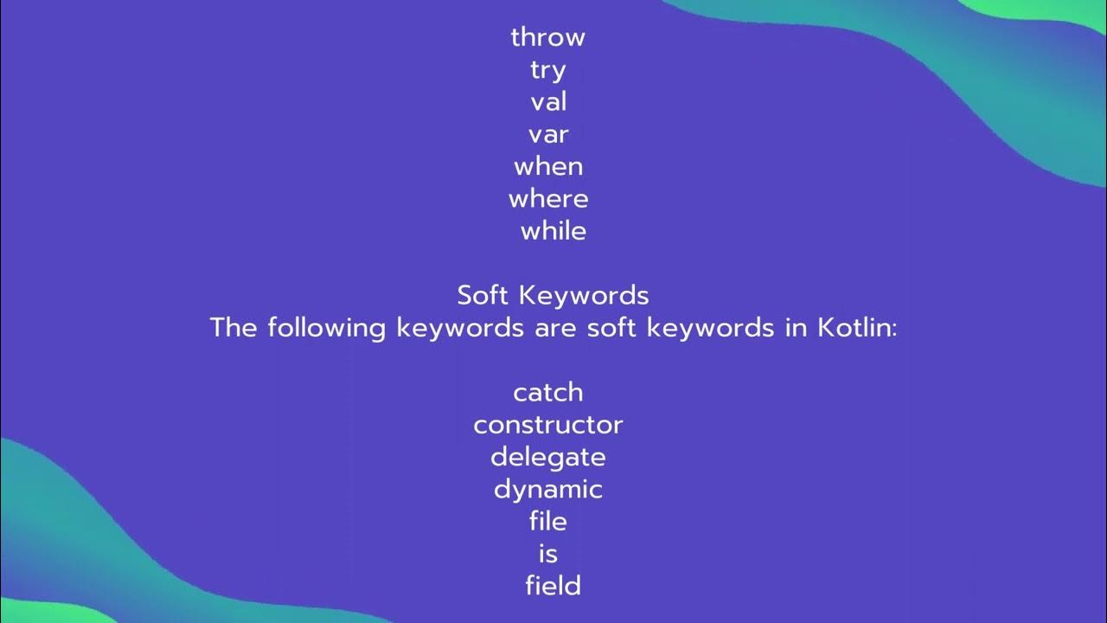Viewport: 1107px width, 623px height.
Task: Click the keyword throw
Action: [x=547, y=37]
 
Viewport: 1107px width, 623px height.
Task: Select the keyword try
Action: [x=548, y=70]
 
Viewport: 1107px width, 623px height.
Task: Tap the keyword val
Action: [x=548, y=102]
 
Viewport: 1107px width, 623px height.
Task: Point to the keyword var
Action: [x=548, y=134]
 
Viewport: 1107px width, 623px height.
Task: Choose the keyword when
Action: [x=548, y=166]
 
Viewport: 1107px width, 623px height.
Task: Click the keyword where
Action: [x=548, y=199]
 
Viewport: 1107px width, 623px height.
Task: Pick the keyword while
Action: [x=553, y=231]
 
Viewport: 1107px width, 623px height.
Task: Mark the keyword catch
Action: [x=548, y=393]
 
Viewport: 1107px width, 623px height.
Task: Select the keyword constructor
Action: [x=548, y=425]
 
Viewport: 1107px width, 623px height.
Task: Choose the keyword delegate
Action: [x=548, y=458]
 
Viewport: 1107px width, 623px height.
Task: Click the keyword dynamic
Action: [x=548, y=490]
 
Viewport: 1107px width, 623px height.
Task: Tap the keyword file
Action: [x=548, y=522]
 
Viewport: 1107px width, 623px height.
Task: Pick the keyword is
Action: [x=548, y=554]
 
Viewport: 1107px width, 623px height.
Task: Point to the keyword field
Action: [x=553, y=586]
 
